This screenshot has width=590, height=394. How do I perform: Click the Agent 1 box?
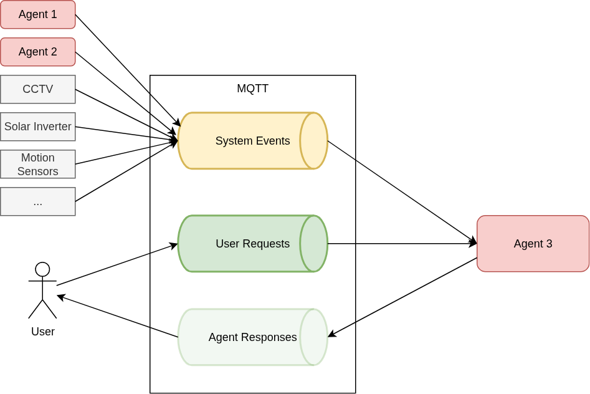pyautogui.click(x=37, y=14)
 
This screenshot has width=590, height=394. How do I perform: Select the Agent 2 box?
pyautogui.click(x=37, y=52)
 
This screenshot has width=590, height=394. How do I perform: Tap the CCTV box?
pyautogui.click(x=37, y=89)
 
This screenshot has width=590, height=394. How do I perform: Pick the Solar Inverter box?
pyautogui.click(x=37, y=127)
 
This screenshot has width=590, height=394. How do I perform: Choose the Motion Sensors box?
pyautogui.click(x=37, y=164)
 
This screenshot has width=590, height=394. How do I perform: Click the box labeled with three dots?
pyautogui.click(x=37, y=201)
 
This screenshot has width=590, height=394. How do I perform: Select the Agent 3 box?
pyautogui.click(x=533, y=244)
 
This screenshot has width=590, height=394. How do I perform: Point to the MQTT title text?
pyautogui.click(x=252, y=89)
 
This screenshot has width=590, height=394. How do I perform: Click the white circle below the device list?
pyautogui.click(x=42, y=269)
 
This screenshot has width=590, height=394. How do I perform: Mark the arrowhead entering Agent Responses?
pyautogui.click(x=331, y=335)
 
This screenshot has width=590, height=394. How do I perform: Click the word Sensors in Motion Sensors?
pyautogui.click(x=37, y=171)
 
